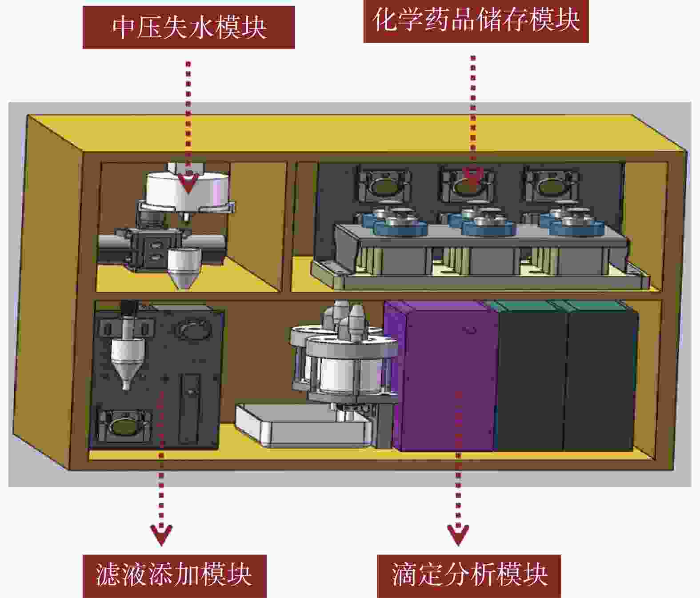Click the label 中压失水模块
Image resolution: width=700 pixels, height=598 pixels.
tap(189, 27)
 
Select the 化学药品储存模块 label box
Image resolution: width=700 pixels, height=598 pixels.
tap(476, 20)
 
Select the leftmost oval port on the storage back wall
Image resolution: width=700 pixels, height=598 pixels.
tap(384, 186)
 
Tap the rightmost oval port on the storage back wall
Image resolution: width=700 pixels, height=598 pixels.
tap(551, 186)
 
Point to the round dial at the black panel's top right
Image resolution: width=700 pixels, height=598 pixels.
tap(194, 329)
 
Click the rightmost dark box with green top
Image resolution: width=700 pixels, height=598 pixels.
tap(601, 376)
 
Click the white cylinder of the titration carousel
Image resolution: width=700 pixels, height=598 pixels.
tap(339, 374)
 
